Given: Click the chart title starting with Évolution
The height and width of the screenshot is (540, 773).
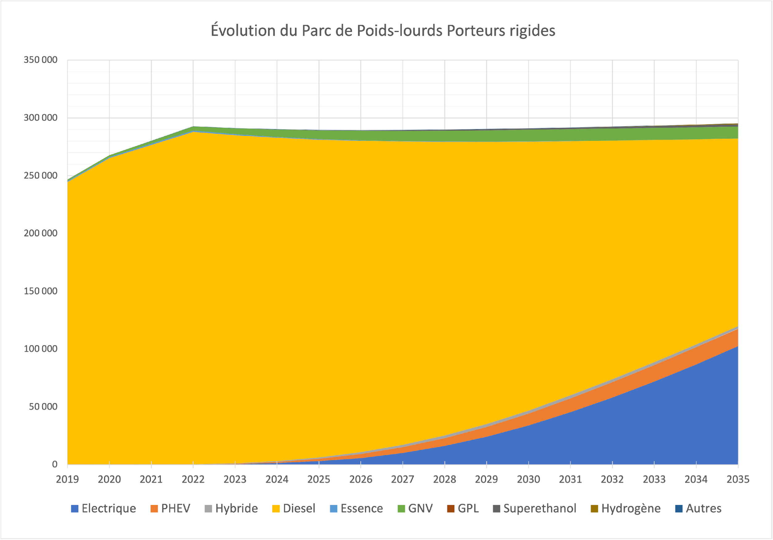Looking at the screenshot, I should point(383,31).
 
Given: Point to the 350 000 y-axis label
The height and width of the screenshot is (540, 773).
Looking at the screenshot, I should point(41,60).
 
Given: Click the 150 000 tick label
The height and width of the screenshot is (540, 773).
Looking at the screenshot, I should point(41,291).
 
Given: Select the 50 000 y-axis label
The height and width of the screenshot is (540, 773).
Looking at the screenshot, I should point(43,407).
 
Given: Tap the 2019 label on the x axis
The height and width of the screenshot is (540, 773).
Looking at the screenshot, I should point(67,479).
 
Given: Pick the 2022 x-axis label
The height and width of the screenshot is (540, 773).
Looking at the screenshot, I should point(193,479).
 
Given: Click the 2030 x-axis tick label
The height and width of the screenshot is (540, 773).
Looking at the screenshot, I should point(528,479).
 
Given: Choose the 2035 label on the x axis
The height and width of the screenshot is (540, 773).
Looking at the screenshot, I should point(738,479).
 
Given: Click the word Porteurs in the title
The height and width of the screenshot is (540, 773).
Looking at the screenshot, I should point(476,31).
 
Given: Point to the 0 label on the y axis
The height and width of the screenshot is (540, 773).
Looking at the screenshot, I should point(54,464).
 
